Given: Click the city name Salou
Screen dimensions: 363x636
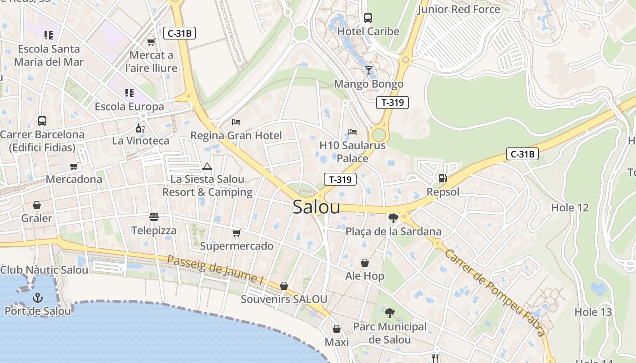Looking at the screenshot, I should click(x=316, y=207).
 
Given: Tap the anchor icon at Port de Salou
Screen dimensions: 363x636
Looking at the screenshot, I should click(x=38, y=298).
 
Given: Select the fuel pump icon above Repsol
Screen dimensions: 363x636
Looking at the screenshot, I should click(x=442, y=178).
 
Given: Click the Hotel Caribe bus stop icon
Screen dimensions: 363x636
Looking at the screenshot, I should click(x=368, y=18).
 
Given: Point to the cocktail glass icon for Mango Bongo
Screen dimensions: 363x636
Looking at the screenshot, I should click(x=368, y=70).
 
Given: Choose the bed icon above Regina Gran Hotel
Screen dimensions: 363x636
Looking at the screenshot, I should click(x=236, y=122).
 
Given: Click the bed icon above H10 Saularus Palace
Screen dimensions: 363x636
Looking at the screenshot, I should click(x=353, y=132).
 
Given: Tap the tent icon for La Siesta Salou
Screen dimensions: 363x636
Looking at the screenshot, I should click(x=207, y=166).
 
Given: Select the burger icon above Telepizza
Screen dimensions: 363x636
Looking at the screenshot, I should click(x=154, y=217).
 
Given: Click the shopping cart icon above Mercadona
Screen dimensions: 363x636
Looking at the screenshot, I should click(x=74, y=166).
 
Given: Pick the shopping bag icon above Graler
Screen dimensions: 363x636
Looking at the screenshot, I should click(x=36, y=205).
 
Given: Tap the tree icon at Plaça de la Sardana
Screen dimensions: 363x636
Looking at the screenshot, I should click(x=393, y=218).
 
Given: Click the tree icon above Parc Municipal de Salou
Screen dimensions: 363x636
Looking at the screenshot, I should click(x=389, y=313).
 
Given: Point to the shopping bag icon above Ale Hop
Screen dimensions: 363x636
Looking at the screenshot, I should click(x=364, y=263).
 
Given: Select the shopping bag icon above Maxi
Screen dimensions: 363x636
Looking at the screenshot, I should click(x=337, y=329).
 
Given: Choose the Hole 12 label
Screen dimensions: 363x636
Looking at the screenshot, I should click(x=570, y=208).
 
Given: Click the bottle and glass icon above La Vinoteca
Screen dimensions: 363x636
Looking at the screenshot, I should click(x=140, y=128).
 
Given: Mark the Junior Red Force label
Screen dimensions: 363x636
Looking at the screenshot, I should click(x=458, y=9).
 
